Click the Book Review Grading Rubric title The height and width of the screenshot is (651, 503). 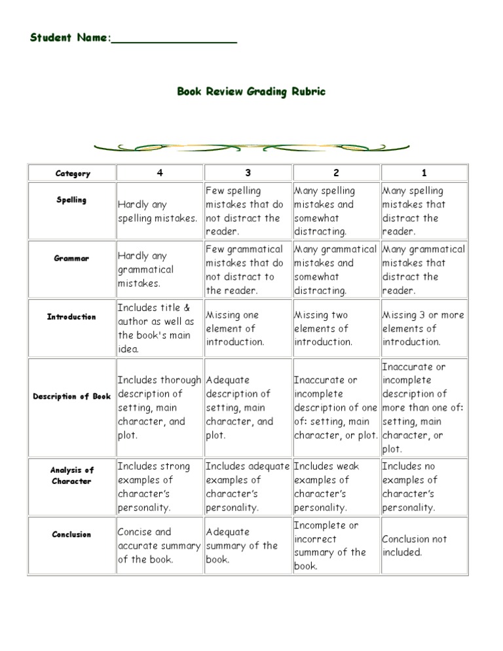click(x=251, y=92)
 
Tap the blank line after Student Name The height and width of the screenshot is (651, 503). click(x=174, y=39)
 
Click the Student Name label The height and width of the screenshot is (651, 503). click(x=69, y=38)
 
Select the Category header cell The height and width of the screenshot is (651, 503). click(x=73, y=174)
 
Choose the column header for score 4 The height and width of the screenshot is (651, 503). click(x=160, y=173)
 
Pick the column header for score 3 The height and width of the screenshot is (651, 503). click(x=248, y=173)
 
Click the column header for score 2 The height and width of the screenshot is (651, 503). click(x=336, y=173)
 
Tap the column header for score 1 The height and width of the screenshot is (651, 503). click(x=424, y=173)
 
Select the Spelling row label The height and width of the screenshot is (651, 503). click(x=71, y=200)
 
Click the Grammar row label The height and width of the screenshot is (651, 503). click(x=72, y=258)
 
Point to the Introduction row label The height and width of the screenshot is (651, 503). click(x=71, y=317)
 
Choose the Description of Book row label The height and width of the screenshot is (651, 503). click(x=72, y=396)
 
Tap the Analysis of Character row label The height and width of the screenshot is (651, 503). click(x=72, y=475)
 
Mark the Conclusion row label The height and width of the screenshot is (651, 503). click(x=72, y=534)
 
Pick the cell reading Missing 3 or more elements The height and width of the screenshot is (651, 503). click(x=423, y=328)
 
